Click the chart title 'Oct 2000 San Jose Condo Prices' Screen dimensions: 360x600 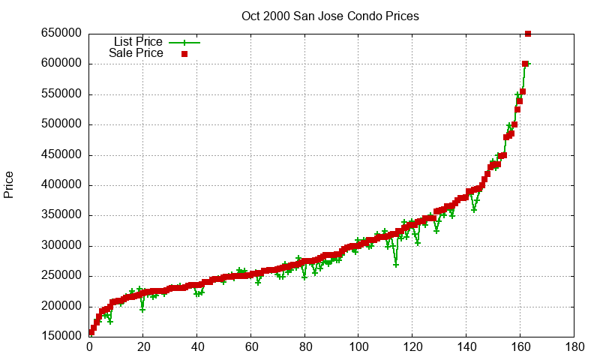330,16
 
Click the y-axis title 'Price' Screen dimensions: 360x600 9,184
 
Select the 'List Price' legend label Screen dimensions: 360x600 137,41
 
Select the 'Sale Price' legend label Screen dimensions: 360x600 136,53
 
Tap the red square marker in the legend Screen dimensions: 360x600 184,54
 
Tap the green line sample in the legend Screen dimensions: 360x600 184,42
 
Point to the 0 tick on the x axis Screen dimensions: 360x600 89,348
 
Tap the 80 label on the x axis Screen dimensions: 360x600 304,348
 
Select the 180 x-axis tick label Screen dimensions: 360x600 574,348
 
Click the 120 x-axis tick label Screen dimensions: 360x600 412,348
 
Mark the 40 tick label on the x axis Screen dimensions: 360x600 197,348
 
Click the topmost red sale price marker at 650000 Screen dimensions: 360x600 528,34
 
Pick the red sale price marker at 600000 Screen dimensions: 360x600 525,64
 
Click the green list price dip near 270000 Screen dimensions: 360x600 396,264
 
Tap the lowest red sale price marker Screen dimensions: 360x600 91,332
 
